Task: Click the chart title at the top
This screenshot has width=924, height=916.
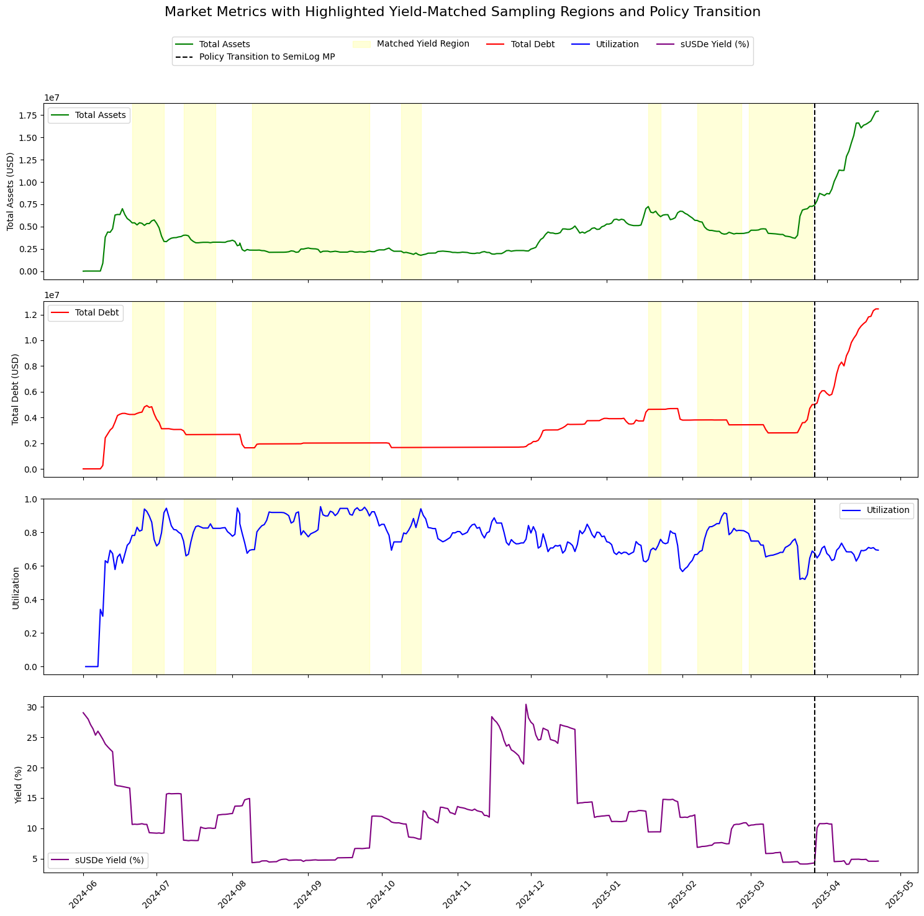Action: point(462,12)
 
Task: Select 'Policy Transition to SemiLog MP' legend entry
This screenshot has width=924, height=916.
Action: point(266,57)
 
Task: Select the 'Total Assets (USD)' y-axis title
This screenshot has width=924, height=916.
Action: point(11,191)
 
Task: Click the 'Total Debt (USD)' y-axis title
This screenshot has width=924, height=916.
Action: point(16,389)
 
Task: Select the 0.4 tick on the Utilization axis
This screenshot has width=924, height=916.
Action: point(32,600)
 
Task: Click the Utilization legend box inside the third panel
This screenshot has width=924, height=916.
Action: point(876,510)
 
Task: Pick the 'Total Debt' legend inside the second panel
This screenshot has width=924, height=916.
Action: point(86,313)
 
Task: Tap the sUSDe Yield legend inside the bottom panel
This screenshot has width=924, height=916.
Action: point(99,860)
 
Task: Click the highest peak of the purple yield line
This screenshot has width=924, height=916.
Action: point(526,704)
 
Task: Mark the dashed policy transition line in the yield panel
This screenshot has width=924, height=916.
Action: point(814,776)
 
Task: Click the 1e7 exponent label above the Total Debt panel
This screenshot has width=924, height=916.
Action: point(52,296)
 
